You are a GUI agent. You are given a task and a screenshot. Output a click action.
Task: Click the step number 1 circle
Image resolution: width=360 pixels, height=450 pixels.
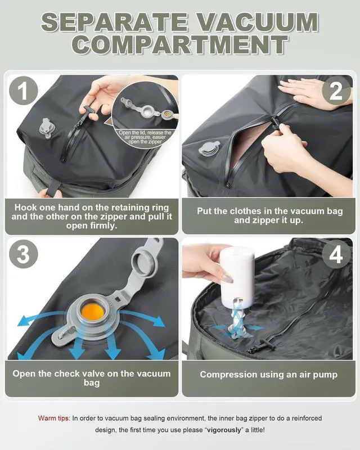point(24,92)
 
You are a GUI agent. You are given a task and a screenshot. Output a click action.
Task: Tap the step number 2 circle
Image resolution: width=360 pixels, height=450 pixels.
point(336,92)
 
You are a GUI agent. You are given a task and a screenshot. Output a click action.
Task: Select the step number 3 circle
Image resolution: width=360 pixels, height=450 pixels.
point(24,254)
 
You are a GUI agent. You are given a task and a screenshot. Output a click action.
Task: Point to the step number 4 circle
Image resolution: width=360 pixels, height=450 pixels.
point(336,254)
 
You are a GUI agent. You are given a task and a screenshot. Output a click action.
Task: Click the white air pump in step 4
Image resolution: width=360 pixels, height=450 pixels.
point(237,275)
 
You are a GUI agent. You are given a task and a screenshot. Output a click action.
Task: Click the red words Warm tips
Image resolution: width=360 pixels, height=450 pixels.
point(54,418)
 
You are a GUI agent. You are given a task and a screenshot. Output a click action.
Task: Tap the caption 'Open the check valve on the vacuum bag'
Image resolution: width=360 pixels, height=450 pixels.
point(92,379)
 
